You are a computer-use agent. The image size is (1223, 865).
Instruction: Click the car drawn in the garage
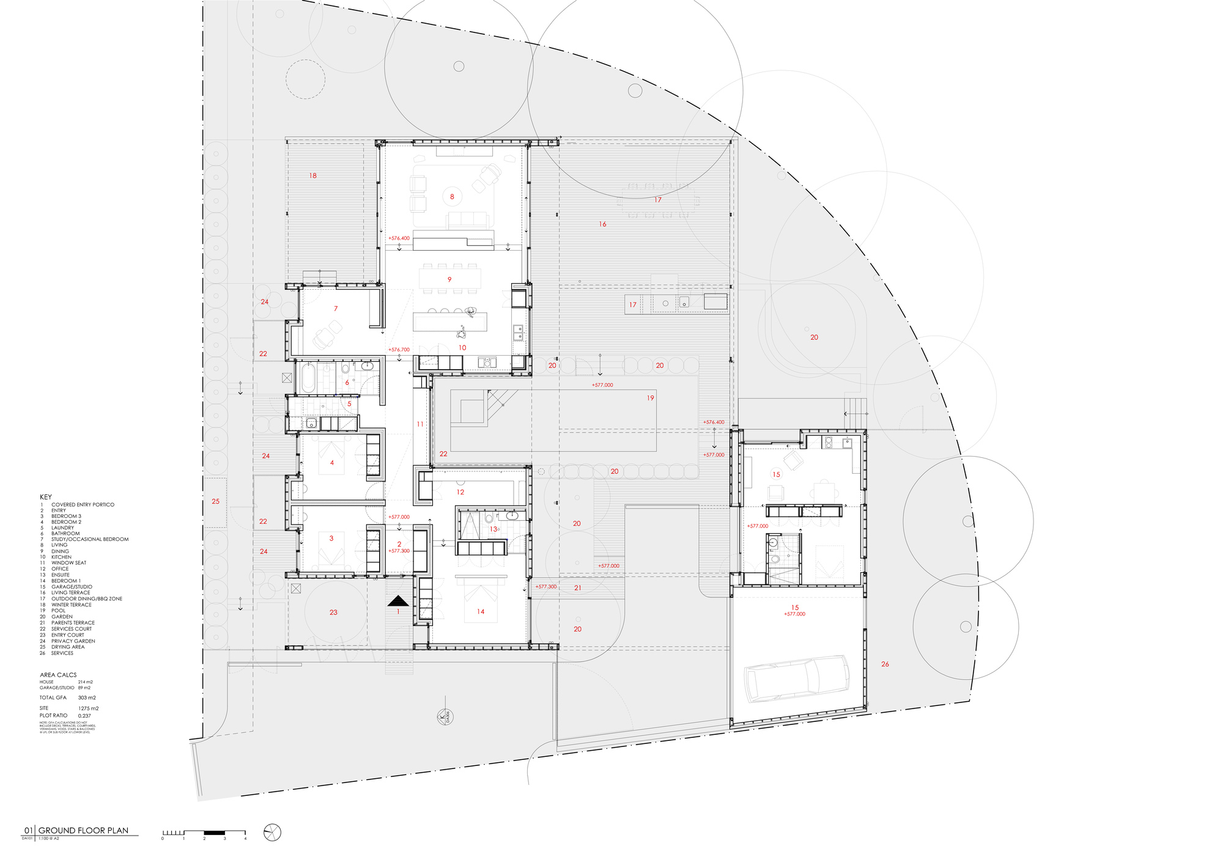797,679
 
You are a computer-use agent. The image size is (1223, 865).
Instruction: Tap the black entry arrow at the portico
398,601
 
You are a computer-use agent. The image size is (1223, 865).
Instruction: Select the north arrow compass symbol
272,832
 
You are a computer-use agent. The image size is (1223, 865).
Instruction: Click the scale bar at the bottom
204,832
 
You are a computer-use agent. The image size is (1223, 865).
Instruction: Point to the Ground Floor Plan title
83,830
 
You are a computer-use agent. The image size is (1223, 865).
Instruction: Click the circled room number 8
452,197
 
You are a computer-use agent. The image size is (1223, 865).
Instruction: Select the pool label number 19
650,398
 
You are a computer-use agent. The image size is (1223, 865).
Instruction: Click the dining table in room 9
449,279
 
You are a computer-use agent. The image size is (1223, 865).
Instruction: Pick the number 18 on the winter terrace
312,175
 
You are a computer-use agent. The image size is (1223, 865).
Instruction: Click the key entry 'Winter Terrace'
71,605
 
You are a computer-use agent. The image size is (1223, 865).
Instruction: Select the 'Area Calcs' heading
58,675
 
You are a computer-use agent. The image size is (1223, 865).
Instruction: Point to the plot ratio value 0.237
84,715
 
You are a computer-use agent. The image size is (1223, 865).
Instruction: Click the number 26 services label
885,664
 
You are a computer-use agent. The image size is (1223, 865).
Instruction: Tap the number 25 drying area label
215,501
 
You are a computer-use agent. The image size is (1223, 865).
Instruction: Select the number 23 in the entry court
333,612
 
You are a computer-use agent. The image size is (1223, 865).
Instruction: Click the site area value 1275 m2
88,708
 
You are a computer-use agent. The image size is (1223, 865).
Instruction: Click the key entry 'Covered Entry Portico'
83,504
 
